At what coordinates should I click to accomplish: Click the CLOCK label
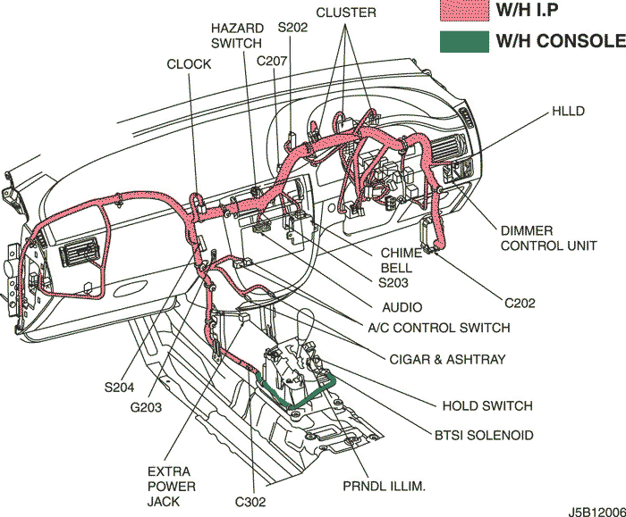pos(189,64)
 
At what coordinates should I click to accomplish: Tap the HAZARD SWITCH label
pos(236,36)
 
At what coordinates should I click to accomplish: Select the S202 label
pos(292,28)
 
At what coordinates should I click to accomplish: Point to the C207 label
pos(270,61)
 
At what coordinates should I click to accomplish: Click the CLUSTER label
pos(346,13)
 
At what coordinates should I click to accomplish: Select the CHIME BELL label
pos(396,260)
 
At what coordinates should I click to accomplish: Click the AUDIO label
pos(402,307)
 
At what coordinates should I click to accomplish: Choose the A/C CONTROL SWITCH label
pos(439,328)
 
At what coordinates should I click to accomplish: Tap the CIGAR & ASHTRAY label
pos(447,360)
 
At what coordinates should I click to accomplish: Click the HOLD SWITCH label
pos(487,405)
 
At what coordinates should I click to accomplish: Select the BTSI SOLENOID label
pos(484,435)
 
